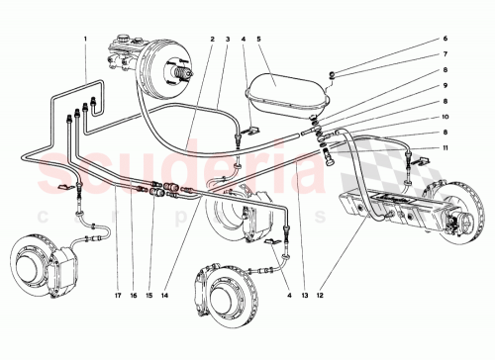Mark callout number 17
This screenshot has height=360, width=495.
(117, 293)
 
